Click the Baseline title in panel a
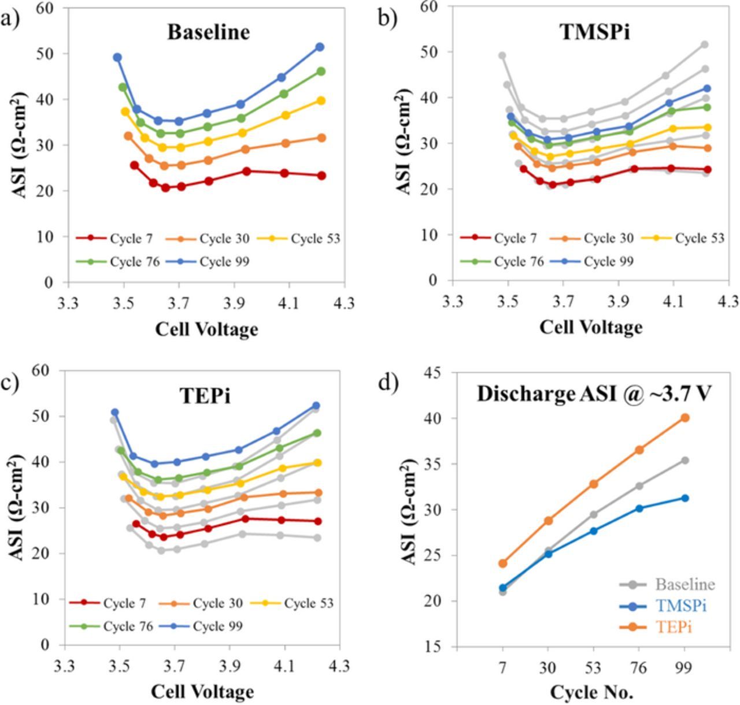click(x=208, y=32)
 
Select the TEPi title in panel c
click(x=205, y=396)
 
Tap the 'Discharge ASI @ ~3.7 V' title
click(x=594, y=394)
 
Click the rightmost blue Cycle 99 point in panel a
click(x=320, y=47)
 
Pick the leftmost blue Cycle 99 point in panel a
click(x=117, y=57)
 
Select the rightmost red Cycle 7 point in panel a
click(x=321, y=176)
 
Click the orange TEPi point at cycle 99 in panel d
click(x=684, y=417)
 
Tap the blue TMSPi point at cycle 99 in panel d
click(x=684, y=498)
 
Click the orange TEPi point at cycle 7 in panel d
click(x=503, y=563)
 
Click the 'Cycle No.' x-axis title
click(x=591, y=692)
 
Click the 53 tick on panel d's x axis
click(x=594, y=669)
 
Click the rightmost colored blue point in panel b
click(x=706, y=88)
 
